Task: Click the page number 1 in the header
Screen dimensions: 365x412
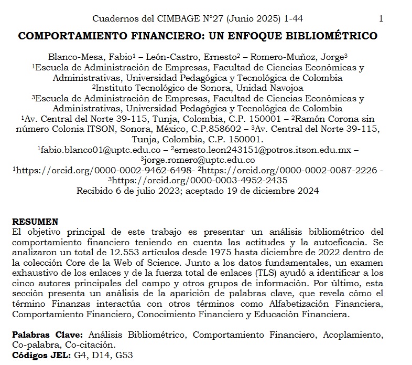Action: pyautogui.click(x=381, y=19)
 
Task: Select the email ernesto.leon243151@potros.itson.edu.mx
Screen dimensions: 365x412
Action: pyautogui.click(x=268, y=150)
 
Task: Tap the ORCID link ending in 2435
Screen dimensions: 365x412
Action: pyautogui.click(x=199, y=181)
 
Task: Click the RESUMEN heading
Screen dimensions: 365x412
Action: pyautogui.click(x=35, y=222)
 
